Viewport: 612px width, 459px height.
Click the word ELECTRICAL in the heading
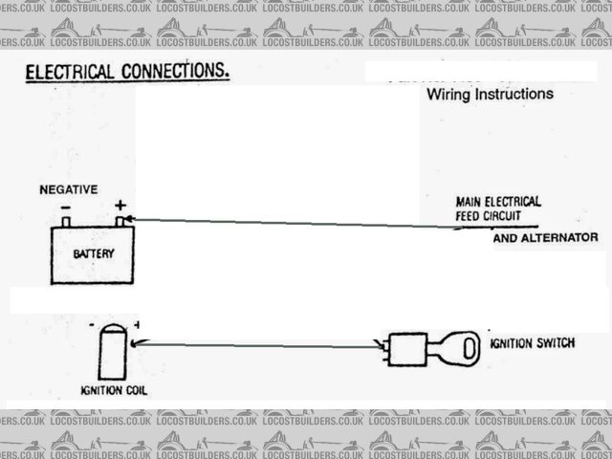[64, 73]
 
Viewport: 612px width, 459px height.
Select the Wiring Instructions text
[490, 95]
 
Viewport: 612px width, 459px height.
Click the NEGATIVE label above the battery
[68, 190]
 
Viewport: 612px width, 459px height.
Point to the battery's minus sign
[64, 206]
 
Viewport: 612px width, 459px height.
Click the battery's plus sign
[120, 205]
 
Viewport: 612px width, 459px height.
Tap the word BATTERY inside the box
[94, 254]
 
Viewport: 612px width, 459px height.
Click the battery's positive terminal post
[120, 221]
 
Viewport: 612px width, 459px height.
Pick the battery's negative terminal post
[66, 222]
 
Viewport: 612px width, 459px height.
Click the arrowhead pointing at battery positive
[131, 219]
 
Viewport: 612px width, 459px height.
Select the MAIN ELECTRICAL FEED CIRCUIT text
[498, 208]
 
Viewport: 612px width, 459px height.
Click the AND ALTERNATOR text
[545, 237]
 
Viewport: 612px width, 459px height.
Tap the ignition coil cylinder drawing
[112, 353]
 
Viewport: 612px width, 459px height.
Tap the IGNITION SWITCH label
[532, 342]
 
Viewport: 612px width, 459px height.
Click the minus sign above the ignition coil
[91, 325]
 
